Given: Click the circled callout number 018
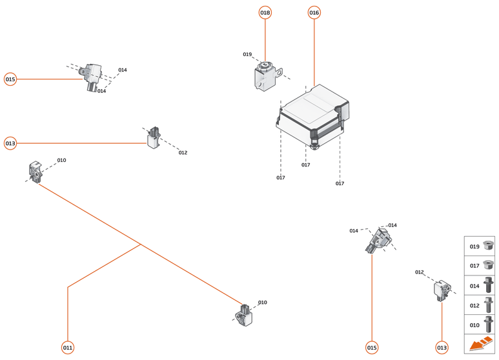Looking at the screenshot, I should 265,13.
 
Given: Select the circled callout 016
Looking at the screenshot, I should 314,13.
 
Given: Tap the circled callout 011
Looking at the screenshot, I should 68,348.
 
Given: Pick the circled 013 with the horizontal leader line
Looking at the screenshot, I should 10,143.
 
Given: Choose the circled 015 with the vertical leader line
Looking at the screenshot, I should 372,348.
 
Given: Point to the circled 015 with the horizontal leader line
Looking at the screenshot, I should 10,79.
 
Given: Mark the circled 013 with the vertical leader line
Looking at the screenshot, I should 442,348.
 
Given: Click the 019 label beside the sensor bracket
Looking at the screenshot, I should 247,54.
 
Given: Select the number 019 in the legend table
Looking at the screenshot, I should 474,246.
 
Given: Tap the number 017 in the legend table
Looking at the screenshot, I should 474,266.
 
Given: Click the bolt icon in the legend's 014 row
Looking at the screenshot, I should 489,285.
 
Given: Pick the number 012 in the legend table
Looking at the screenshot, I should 474,305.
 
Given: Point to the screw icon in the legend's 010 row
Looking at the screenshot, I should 489,325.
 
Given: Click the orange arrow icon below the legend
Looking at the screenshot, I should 480,345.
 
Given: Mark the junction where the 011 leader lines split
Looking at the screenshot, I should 141,244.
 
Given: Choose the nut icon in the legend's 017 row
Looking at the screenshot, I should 489,265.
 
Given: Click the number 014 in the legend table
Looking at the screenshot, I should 474,286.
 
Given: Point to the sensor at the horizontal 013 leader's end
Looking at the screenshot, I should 154,138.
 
